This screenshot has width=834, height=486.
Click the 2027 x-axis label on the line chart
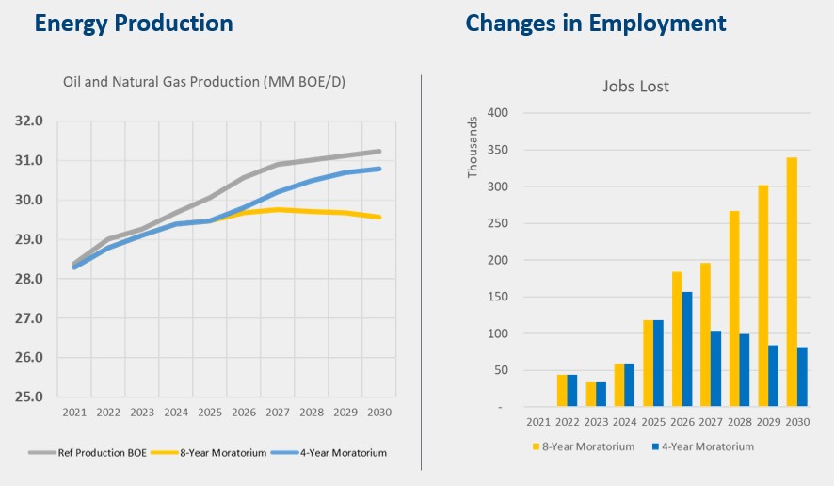(278, 413)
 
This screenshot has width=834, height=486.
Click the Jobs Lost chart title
(635, 87)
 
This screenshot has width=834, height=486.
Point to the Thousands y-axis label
(473, 147)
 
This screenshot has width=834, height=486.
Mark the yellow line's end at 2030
(380, 217)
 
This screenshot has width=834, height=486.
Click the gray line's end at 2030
(380, 151)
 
